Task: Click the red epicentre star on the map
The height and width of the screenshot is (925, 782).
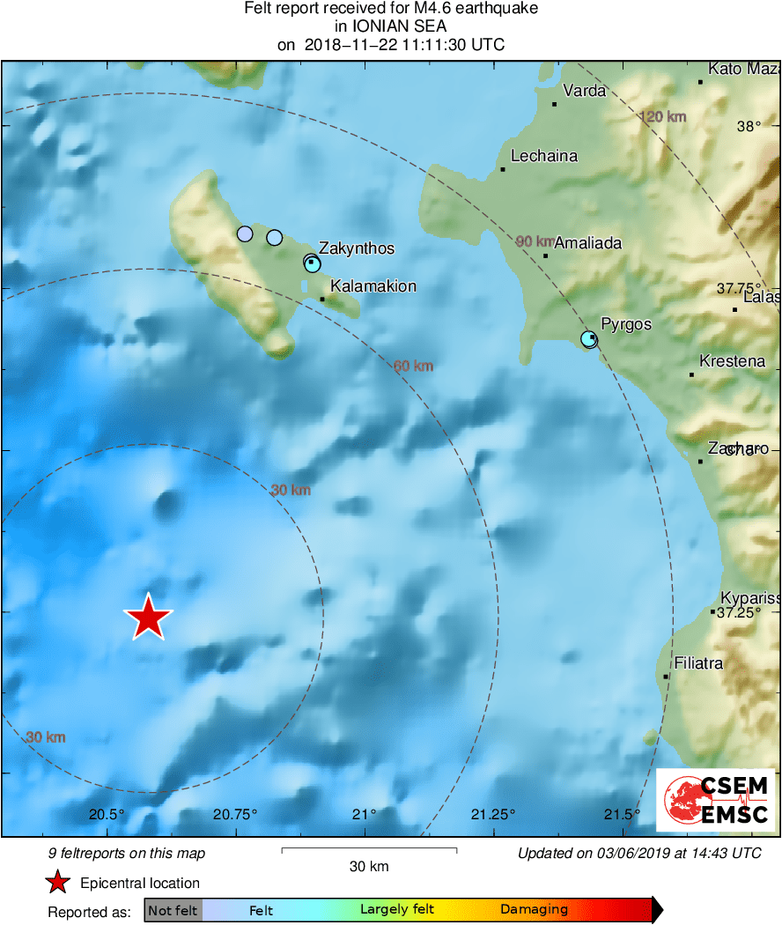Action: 149,617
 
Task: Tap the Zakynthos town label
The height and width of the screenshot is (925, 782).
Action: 356,248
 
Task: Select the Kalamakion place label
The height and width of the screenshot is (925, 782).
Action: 373,286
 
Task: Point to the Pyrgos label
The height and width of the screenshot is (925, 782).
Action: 625,324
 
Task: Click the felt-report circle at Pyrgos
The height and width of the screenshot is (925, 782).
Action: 589,339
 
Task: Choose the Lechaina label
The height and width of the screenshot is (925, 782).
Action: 544,157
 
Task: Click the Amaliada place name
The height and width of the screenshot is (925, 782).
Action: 587,243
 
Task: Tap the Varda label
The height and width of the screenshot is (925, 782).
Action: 584,91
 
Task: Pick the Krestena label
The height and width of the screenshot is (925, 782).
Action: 732,361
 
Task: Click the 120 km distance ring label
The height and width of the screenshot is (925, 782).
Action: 662,117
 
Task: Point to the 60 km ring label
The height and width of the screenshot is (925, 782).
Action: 414,366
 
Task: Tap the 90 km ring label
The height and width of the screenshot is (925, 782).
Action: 535,241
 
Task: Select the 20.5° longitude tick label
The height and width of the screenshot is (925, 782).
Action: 106,813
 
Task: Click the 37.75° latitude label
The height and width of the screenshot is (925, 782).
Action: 738,288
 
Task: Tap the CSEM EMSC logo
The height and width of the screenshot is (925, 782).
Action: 715,800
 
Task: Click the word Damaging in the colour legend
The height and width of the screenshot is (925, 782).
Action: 534,910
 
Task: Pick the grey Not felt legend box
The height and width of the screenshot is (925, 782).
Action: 173,910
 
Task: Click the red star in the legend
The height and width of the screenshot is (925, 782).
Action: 58,883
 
